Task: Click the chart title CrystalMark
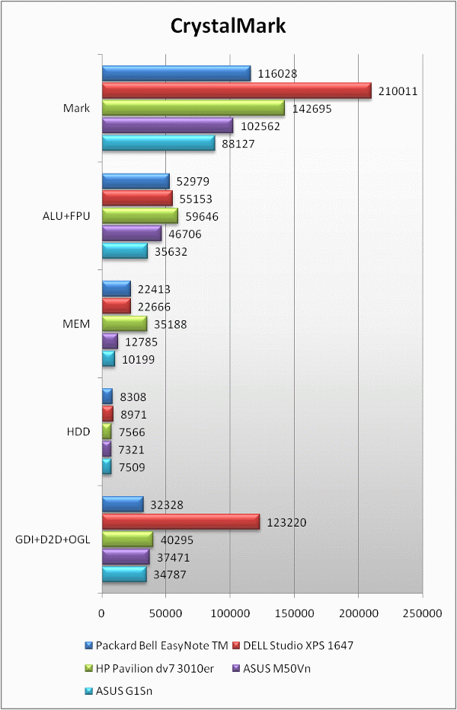pyautogui.click(x=228, y=27)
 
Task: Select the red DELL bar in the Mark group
pyautogui.click(x=236, y=91)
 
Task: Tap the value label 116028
pyautogui.click(x=277, y=74)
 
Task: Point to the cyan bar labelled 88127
pyautogui.click(x=158, y=143)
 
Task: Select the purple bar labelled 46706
pyautogui.click(x=132, y=234)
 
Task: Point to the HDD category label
pyautogui.click(x=78, y=431)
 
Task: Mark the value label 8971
pyautogui.click(x=133, y=415)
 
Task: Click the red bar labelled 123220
pyautogui.click(x=181, y=522)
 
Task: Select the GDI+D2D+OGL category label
pyautogui.click(x=53, y=540)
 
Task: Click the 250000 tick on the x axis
pyautogui.click(x=422, y=612)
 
